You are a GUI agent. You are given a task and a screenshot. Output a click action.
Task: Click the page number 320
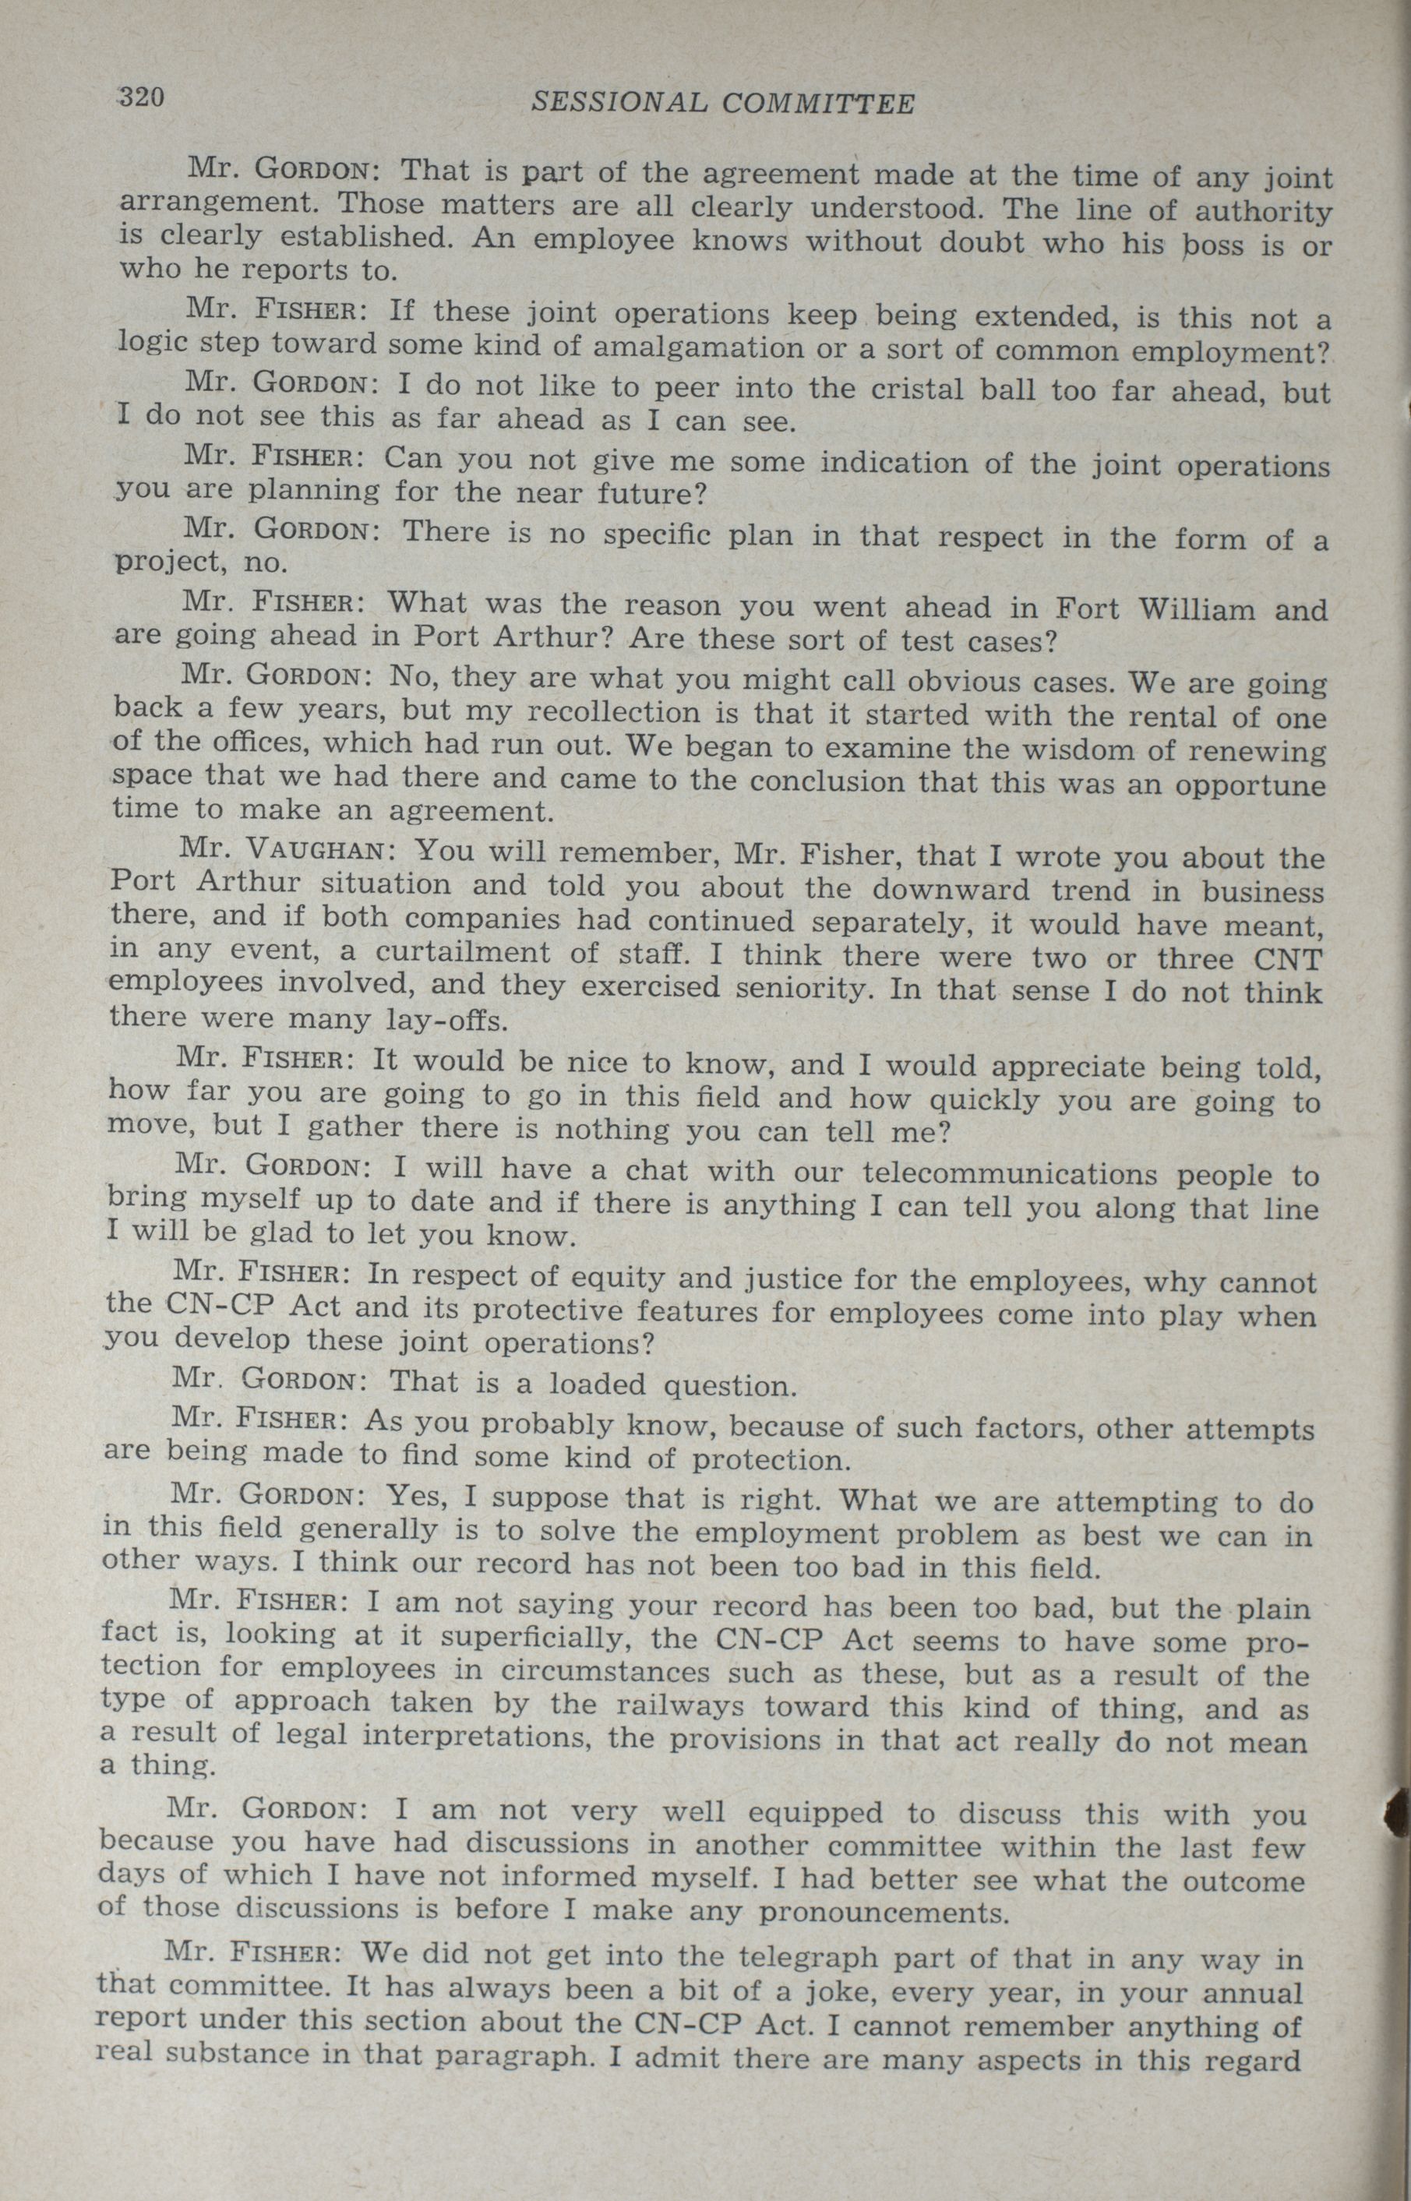141,97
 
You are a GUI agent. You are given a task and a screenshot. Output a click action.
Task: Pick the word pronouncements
884,1912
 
